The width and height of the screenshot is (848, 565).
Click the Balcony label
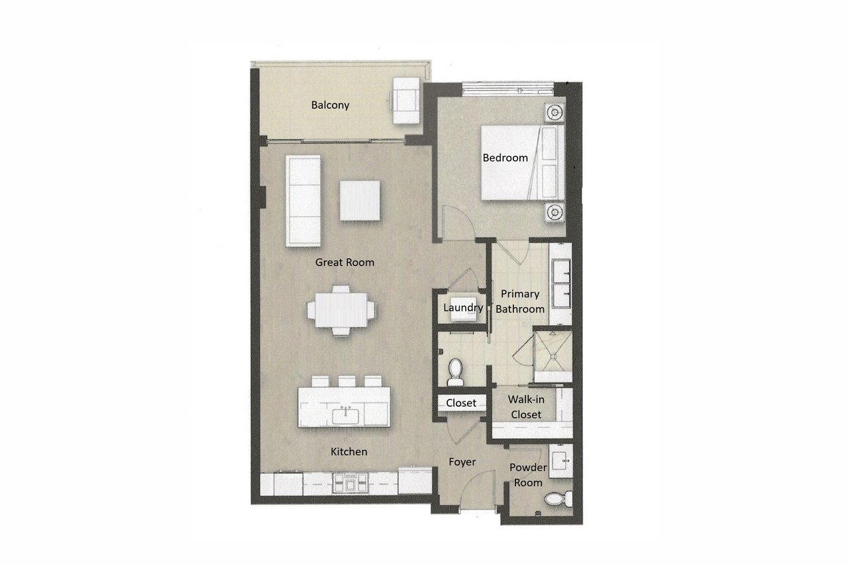pyautogui.click(x=330, y=105)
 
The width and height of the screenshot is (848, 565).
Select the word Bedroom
pyautogui.click(x=505, y=158)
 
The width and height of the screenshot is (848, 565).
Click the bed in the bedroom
pyautogui.click(x=523, y=162)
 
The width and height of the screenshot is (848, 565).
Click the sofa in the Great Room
pyautogui.click(x=303, y=201)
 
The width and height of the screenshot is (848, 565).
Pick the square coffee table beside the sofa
pyautogui.click(x=360, y=201)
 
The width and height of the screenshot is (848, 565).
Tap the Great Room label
pyautogui.click(x=344, y=262)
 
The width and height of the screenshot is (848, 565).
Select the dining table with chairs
pyautogui.click(x=341, y=310)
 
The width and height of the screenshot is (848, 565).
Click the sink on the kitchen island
pyautogui.click(x=345, y=415)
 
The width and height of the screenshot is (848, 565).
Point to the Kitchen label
pyautogui.click(x=348, y=452)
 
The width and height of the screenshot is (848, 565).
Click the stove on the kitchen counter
pyautogui.click(x=350, y=484)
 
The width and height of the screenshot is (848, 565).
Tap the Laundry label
pyautogui.click(x=463, y=307)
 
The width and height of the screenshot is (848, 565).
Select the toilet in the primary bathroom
pyautogui.click(x=455, y=372)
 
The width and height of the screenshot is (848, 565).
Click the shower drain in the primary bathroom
pyautogui.click(x=553, y=356)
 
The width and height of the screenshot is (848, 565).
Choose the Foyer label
pyautogui.click(x=462, y=462)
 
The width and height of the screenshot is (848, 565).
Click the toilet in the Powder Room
pyautogui.click(x=558, y=498)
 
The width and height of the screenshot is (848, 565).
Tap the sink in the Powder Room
pyautogui.click(x=560, y=461)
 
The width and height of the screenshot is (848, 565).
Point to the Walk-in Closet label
pyautogui.click(x=526, y=407)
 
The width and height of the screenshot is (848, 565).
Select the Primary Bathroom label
pyautogui.click(x=520, y=301)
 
